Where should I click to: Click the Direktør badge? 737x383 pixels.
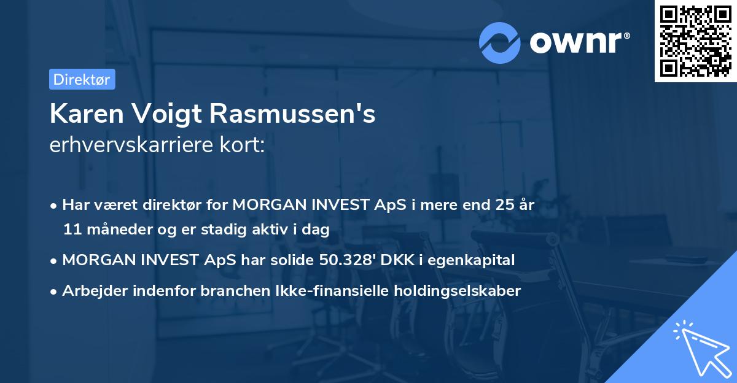(x=82, y=79)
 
